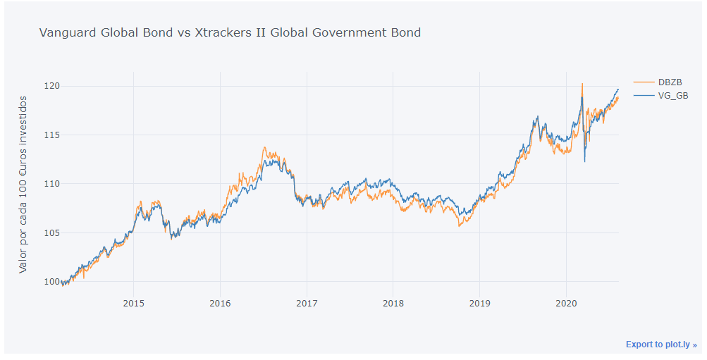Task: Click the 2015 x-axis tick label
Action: [x=133, y=303]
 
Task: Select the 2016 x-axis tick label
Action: [x=220, y=303]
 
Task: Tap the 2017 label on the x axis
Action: [x=307, y=303]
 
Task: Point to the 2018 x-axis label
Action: [x=393, y=303]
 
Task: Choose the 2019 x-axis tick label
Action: [x=479, y=303]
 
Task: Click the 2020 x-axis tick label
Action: [x=566, y=303]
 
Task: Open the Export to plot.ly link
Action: [x=660, y=345]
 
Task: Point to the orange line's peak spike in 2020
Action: [x=582, y=84]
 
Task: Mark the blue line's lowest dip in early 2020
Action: [x=584, y=161]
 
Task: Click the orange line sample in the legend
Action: [x=643, y=82]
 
